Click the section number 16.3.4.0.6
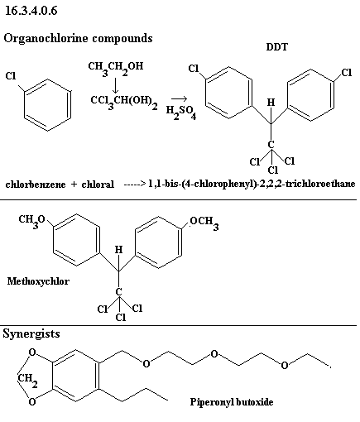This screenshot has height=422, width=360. coord(31,11)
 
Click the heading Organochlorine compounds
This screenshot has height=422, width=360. coord(78,38)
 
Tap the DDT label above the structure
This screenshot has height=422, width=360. coord(276,47)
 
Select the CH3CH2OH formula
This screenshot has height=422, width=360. coord(116,68)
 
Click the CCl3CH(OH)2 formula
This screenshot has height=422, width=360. coord(124,102)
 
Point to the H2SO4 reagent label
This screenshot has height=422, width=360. coord(181,113)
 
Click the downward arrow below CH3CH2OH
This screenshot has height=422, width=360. coord(116,85)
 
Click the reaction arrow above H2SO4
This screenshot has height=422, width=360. coord(179,98)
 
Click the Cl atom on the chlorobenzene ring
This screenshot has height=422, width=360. coord(11,75)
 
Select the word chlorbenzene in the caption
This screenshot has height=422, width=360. coord(36,185)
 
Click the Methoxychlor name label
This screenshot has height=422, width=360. coord(38,281)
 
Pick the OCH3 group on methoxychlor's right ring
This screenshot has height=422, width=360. coord(204,223)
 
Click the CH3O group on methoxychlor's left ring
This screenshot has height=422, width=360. coord(31,221)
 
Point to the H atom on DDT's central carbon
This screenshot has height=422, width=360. coord(271,103)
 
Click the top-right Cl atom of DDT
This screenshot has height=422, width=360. coord(347,73)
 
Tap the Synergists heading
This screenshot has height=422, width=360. coord(31,333)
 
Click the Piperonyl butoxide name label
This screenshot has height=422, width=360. coord(232,402)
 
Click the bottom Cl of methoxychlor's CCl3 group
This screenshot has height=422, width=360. coord(121,318)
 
